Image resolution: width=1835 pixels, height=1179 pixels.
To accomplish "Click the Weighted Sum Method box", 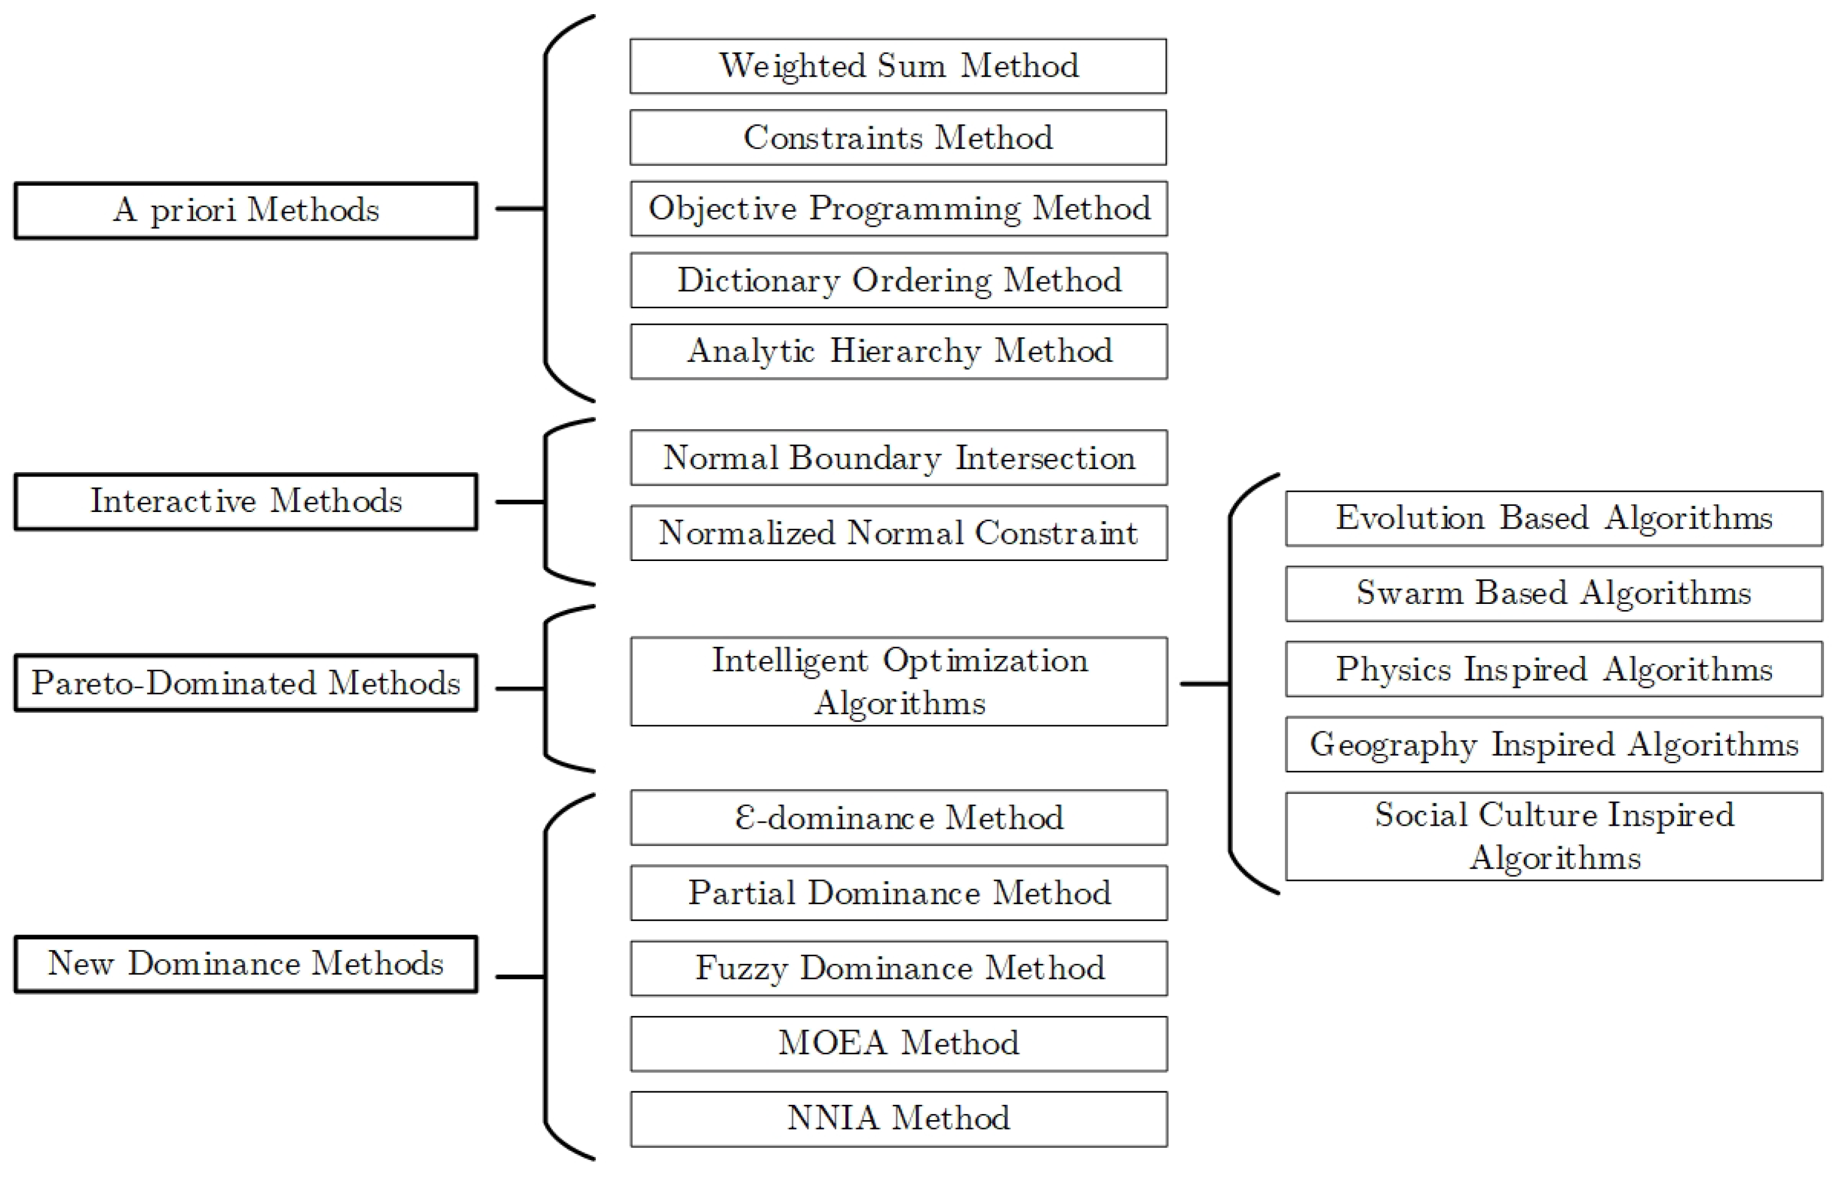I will (898, 67).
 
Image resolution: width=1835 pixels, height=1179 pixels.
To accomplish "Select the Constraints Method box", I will (898, 138).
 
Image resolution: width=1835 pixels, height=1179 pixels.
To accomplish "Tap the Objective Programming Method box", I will (898, 209).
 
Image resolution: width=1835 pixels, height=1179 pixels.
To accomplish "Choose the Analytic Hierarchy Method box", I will (898, 352).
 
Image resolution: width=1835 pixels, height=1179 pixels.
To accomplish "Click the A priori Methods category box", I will (246, 211).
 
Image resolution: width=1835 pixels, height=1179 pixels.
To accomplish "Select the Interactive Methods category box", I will (246, 502).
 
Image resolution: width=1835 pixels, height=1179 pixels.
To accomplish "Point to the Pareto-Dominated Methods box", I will (246, 683).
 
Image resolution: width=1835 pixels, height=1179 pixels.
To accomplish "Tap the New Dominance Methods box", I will (246, 964).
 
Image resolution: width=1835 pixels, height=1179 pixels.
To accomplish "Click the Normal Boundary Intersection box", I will (898, 458).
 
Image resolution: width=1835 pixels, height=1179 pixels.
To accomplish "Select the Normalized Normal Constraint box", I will (898, 533).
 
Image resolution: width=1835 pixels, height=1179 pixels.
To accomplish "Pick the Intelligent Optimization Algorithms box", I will (898, 681).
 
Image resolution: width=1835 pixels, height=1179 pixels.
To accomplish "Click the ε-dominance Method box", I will (898, 818).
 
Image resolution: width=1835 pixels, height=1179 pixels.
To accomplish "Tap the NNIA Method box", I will (898, 1118).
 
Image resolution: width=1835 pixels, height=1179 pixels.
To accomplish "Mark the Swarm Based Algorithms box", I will (1553, 593).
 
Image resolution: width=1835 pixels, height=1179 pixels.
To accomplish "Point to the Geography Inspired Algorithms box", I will (1553, 744).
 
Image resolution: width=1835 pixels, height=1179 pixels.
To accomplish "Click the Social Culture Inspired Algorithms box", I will (1553, 836).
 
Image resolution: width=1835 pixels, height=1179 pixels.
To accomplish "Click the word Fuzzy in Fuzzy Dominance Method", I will (741, 968).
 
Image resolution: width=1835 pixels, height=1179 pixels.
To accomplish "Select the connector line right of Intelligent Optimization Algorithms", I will (1204, 683).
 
